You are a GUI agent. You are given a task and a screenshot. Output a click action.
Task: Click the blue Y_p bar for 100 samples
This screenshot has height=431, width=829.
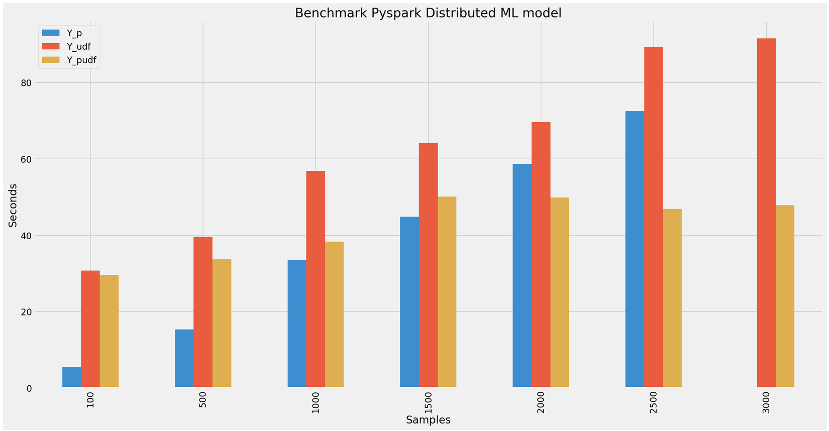point(71,377)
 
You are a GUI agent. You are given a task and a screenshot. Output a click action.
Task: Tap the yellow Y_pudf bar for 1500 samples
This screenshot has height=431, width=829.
point(447,292)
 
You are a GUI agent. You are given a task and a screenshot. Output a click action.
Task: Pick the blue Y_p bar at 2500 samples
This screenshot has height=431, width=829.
point(635,249)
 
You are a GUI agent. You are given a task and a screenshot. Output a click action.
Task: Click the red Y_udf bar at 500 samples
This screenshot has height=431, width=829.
point(203,312)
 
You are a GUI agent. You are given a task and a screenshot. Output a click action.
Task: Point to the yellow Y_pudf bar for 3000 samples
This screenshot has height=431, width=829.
point(785,296)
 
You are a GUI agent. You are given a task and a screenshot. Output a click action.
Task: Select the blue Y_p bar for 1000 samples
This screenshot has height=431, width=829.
point(297,324)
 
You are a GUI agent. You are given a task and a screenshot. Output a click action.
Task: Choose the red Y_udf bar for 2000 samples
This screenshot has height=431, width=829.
point(541,254)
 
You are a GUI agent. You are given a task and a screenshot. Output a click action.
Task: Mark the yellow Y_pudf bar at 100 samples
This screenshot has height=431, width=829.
point(109,331)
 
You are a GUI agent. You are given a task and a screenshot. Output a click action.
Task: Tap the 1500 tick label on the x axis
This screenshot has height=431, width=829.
point(428,402)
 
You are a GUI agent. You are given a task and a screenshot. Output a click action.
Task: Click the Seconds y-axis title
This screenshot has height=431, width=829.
point(14,205)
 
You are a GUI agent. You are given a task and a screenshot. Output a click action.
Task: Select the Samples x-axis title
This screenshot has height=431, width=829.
point(428,420)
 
